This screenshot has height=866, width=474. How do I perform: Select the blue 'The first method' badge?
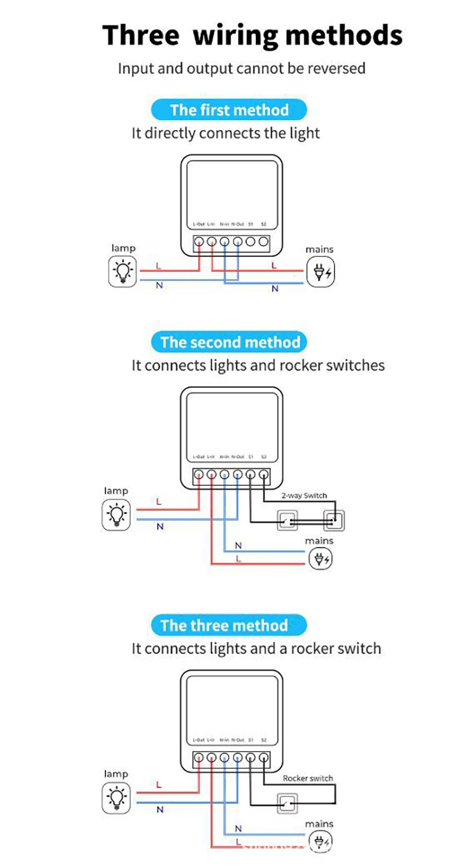pos(229,110)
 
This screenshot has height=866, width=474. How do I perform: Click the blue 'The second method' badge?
pos(230,342)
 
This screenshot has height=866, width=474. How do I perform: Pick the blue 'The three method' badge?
pos(224,626)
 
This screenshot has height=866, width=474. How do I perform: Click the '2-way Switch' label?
pos(304,495)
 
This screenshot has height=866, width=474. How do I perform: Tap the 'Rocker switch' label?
pos(308,778)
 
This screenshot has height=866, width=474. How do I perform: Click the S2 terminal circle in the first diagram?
pos(263,242)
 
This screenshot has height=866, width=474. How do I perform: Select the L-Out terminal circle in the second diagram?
pos(199,474)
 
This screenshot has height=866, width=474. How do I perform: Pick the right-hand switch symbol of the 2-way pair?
pos(333,521)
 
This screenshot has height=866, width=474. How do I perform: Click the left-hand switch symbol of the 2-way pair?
pos(287,521)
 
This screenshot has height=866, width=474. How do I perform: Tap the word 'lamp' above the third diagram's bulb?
pos(116,774)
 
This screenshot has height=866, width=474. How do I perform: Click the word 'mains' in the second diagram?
pos(319,540)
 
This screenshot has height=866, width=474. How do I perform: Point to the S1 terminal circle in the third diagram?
pos(251,757)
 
